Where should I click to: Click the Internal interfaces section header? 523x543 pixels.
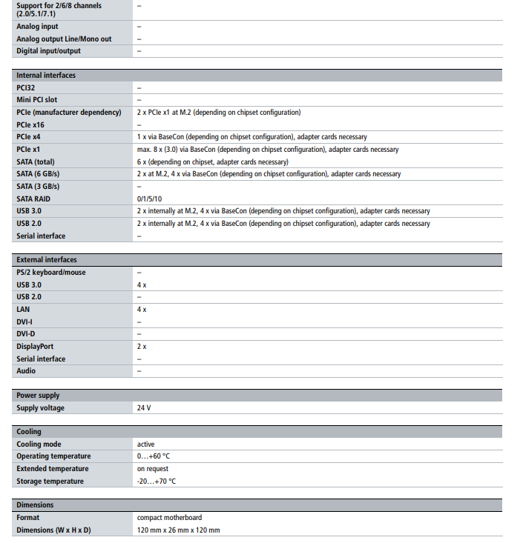pyautogui.click(x=46, y=75)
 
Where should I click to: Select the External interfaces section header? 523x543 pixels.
pyautogui.click(x=47, y=260)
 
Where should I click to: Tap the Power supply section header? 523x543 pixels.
pyautogui.click(x=39, y=396)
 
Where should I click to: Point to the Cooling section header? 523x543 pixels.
pyautogui.click(x=30, y=432)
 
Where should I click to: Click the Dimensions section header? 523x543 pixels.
pyautogui.click(x=36, y=505)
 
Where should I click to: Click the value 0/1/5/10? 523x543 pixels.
pyautogui.click(x=150, y=199)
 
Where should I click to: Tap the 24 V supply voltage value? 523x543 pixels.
pyautogui.click(x=144, y=408)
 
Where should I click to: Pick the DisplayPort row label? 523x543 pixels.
pyautogui.click(x=35, y=346)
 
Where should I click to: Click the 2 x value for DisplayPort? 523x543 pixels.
pyautogui.click(x=142, y=346)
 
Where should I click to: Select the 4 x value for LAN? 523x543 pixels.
pyautogui.click(x=142, y=310)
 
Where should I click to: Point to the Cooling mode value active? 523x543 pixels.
pyautogui.click(x=146, y=444)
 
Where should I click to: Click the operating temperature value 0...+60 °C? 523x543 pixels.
pyautogui.click(x=154, y=456)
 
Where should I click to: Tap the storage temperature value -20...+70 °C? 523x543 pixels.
pyautogui.click(x=157, y=481)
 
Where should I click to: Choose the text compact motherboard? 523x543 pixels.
pyautogui.click(x=169, y=518)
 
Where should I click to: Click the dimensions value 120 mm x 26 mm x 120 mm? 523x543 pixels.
pyautogui.click(x=178, y=530)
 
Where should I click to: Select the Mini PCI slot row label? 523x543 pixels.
pyautogui.click(x=37, y=99)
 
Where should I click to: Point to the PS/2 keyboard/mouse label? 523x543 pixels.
pyautogui.click(x=51, y=273)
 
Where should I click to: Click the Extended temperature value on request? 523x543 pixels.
pyautogui.click(x=153, y=469)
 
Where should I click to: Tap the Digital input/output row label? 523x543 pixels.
pyautogui.click(x=49, y=51)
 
